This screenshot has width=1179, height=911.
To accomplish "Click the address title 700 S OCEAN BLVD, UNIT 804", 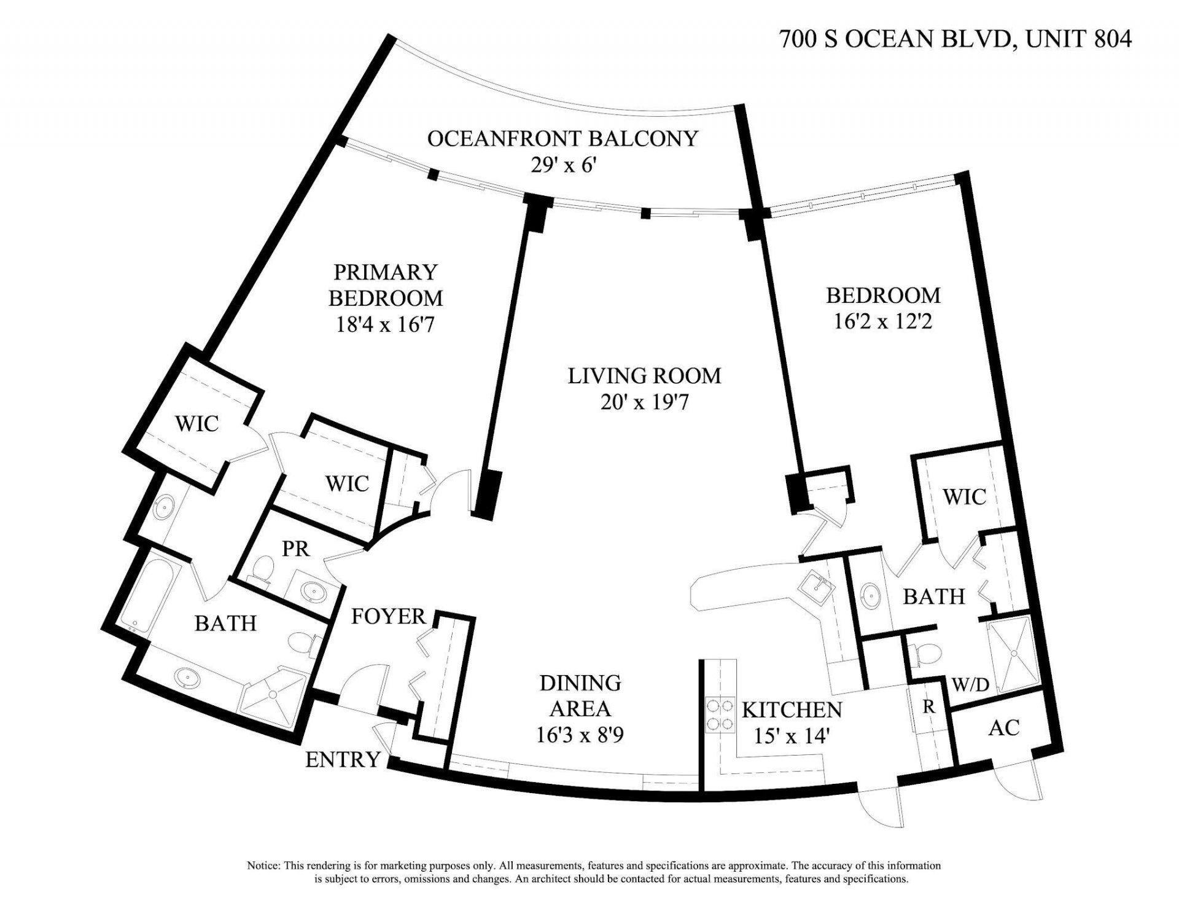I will click(x=955, y=39).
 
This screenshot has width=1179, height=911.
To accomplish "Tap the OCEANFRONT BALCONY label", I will click(x=562, y=138).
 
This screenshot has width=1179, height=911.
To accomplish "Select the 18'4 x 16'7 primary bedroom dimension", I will click(x=385, y=324).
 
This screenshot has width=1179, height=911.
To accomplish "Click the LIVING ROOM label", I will click(x=644, y=375).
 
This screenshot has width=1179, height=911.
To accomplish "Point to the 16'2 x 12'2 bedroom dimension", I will click(x=883, y=321).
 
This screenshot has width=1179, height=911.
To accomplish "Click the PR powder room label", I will click(x=295, y=549).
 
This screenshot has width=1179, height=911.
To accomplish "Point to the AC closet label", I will click(x=1004, y=727).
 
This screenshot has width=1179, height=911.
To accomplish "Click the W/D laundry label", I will click(x=970, y=684).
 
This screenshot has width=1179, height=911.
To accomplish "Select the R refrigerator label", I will click(x=928, y=707).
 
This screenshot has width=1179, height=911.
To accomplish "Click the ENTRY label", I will click(x=343, y=760).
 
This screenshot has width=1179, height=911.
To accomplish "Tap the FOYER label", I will click(x=388, y=616).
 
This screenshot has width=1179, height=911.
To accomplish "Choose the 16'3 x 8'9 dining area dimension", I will click(x=580, y=735).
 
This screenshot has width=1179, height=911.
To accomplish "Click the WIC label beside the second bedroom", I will click(x=964, y=496).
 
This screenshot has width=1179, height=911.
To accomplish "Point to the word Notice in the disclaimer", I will click(x=264, y=866).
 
